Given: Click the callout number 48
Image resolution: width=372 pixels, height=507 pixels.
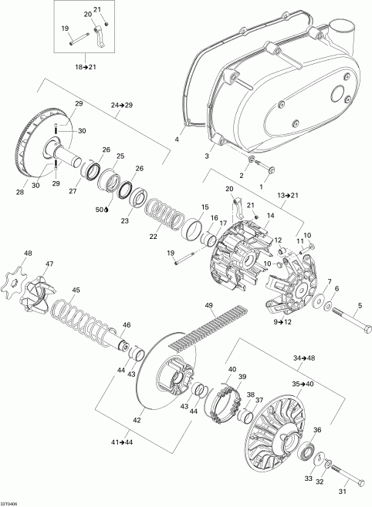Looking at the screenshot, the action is pyautogui.click(x=28, y=253).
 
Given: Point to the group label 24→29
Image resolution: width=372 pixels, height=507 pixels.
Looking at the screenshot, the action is pyautogui.click(x=120, y=105).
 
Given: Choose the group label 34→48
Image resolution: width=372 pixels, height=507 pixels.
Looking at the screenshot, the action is pyautogui.click(x=304, y=358).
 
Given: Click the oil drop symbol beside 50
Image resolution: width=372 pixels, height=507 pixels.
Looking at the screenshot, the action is pyautogui.click(x=107, y=210).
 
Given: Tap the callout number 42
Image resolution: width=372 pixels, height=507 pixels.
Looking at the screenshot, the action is pyautogui.click(x=137, y=421).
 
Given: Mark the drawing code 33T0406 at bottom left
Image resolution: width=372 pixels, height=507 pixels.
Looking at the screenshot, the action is pyautogui.click(x=8, y=504).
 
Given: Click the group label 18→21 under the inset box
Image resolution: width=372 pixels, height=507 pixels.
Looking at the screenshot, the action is pyautogui.click(x=86, y=67).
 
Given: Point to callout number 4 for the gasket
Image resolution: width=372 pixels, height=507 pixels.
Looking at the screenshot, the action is pyautogui.click(x=177, y=139).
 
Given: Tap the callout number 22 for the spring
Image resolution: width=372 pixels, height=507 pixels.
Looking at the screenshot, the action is pyautogui.click(x=153, y=237).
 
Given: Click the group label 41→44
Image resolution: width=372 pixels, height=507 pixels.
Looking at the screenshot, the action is pyautogui.click(x=122, y=442).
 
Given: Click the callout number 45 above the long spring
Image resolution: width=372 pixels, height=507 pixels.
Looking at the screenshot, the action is pyautogui.click(x=76, y=290).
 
